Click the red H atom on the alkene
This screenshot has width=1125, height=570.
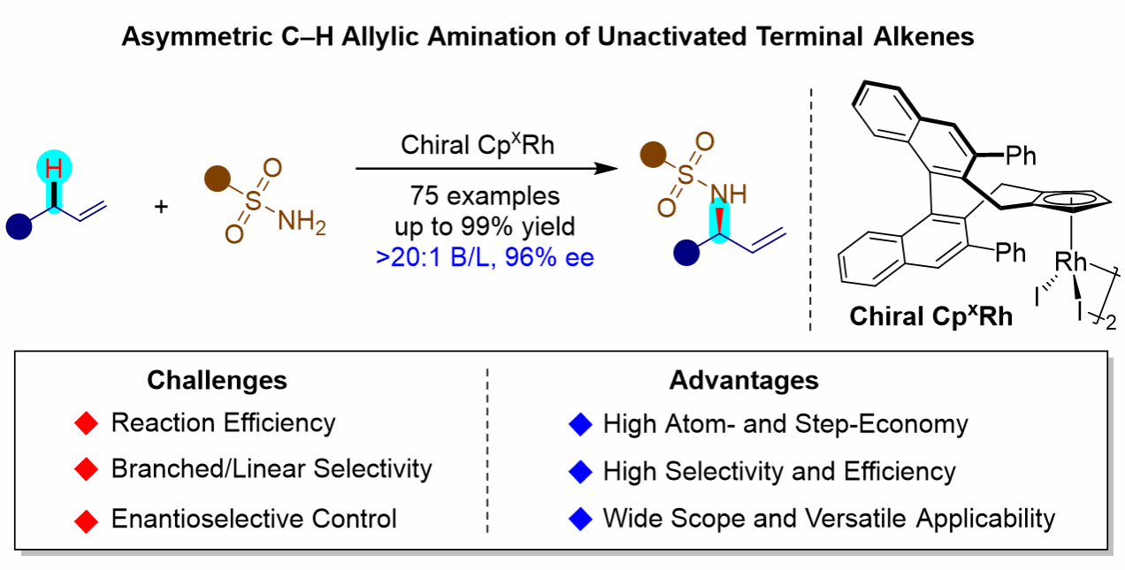pyautogui.click(x=54, y=167)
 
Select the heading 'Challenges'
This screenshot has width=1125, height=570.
pyautogui.click(x=217, y=380)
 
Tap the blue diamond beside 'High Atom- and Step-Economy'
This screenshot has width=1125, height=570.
pyautogui.click(x=579, y=425)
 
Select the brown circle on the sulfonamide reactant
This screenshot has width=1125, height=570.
pyautogui.click(x=214, y=179)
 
